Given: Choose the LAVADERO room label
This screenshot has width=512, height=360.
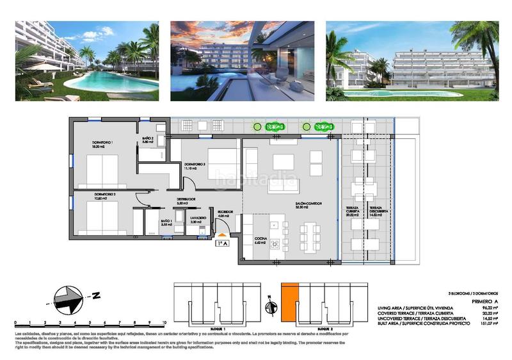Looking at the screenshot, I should coord(198,218).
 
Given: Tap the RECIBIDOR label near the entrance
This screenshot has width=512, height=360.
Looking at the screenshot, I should coord(224,211).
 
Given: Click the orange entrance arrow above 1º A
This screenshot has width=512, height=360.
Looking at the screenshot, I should coord(223,236).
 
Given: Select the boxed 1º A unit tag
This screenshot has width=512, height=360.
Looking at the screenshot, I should coord(223,243).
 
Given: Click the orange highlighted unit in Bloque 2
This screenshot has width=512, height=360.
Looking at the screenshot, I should coord(290,302).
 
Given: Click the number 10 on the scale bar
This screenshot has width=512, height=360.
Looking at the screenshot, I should coord(164,323).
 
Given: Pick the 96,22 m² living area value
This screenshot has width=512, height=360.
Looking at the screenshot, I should coord(490,308).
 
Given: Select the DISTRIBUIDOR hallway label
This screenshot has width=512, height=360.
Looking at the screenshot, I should coord(186,199).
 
